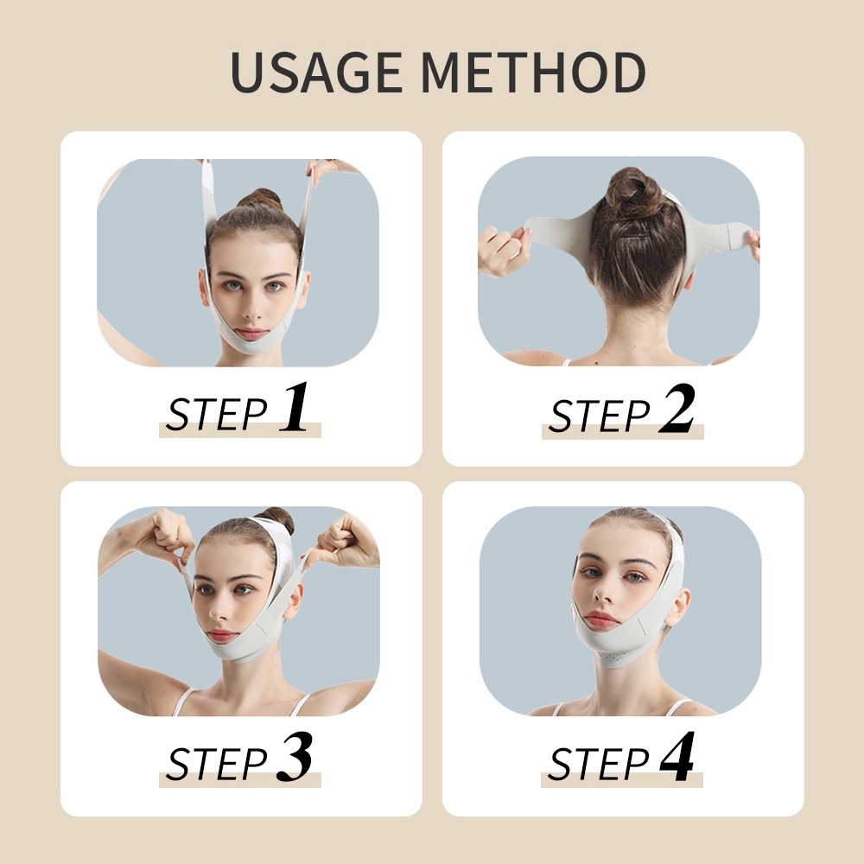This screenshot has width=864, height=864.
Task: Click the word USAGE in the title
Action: click(316, 73)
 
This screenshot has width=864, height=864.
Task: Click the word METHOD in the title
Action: click(533, 73)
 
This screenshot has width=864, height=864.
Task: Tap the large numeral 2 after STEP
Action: click(677, 409)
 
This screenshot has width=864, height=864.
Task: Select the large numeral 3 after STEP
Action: click(294, 757)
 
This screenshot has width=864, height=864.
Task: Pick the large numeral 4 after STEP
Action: click(677, 756)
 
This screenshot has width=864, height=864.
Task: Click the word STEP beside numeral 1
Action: click(217, 414)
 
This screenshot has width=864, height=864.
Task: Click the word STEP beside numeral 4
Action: click(599, 763)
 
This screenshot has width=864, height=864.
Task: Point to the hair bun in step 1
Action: click(261, 200)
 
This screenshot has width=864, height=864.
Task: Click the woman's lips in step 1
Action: click(251, 334)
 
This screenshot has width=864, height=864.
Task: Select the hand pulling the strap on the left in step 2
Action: click(504, 249)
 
